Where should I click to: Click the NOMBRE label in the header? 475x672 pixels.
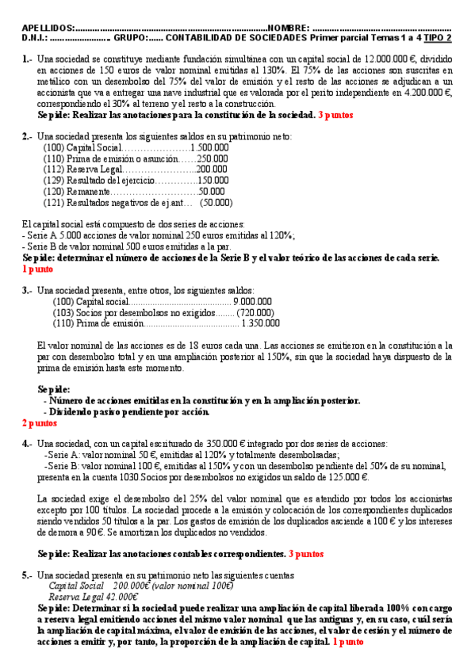tap(289, 27)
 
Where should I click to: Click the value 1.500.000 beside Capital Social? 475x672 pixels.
tap(210, 147)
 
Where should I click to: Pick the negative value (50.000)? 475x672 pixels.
tap(216, 202)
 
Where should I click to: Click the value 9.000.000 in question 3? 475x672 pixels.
tap(254, 301)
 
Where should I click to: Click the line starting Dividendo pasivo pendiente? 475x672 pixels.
tap(127, 411)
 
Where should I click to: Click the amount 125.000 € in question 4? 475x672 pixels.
tap(346, 478)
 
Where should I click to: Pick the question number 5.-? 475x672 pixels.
tap(28, 575)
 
